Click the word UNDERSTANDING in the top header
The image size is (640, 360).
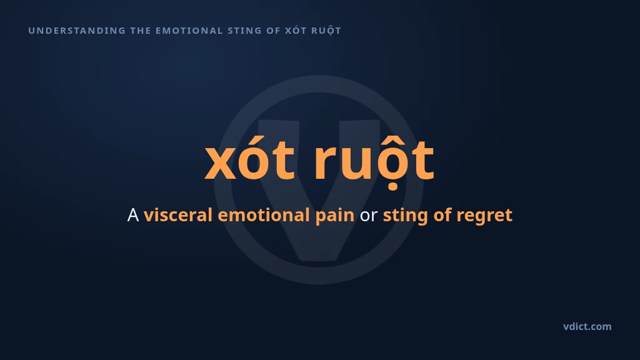[x=77, y=31]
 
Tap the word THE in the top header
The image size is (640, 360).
[x=141, y=31]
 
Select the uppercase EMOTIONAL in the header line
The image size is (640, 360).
[x=189, y=31]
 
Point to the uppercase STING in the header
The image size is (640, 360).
[x=244, y=31]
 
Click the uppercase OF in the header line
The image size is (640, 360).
[x=274, y=31]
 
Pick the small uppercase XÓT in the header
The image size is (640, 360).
[x=296, y=30]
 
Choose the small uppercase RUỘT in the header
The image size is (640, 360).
[x=326, y=31]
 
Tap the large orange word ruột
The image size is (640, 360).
[x=374, y=161]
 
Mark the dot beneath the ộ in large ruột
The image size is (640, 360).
[x=392, y=187]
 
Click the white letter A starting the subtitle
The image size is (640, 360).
[x=133, y=215]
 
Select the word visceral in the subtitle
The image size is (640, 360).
[x=178, y=215]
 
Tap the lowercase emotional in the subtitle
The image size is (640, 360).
[x=264, y=215]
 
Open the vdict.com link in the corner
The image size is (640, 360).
[x=587, y=326]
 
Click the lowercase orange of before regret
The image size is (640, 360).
[x=442, y=215]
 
